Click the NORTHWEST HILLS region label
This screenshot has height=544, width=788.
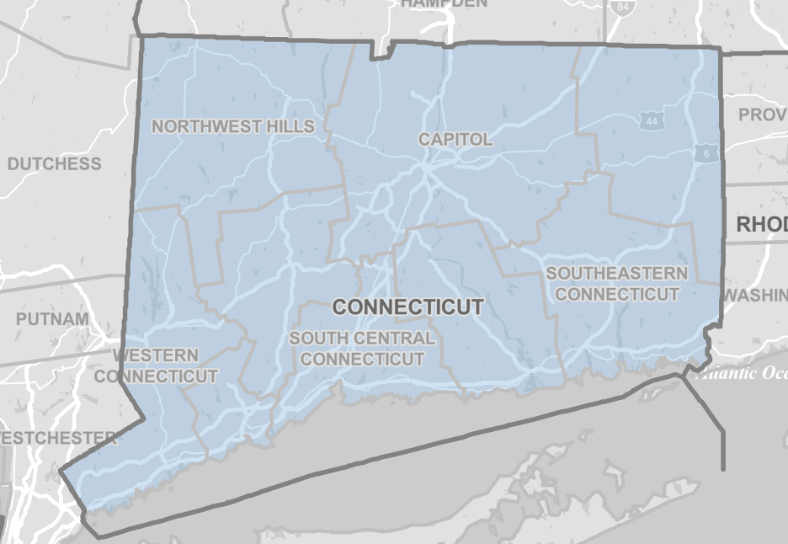pyautogui.click(x=233, y=127)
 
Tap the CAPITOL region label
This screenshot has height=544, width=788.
pyautogui.click(x=455, y=139)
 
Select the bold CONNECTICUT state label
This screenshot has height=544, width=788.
pyautogui.click(x=407, y=307)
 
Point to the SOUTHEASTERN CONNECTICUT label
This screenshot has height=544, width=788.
pyautogui.click(x=616, y=284)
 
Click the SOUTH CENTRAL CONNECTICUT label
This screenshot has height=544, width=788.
pyautogui.click(x=362, y=349)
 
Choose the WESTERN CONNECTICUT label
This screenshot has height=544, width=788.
pyautogui.click(x=157, y=365)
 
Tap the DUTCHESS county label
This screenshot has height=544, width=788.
pyautogui.click(x=54, y=163)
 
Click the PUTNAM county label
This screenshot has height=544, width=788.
pyautogui.click(x=51, y=319)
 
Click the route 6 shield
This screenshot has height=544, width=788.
pyautogui.click(x=705, y=153)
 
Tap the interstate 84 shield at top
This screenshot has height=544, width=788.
pyautogui.click(x=621, y=7)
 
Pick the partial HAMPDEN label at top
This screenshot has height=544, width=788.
pyautogui.click(x=444, y=3)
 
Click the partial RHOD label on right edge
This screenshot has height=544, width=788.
pyautogui.click(x=761, y=225)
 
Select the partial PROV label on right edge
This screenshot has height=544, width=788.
pyautogui.click(x=762, y=115)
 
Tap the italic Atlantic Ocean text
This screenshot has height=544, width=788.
pyautogui.click(x=745, y=374)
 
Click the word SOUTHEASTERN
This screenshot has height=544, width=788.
pyautogui.click(x=616, y=274)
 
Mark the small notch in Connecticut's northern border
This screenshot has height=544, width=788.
pyautogui.click(x=383, y=51)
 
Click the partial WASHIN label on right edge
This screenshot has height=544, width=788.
pyautogui.click(x=755, y=295)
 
